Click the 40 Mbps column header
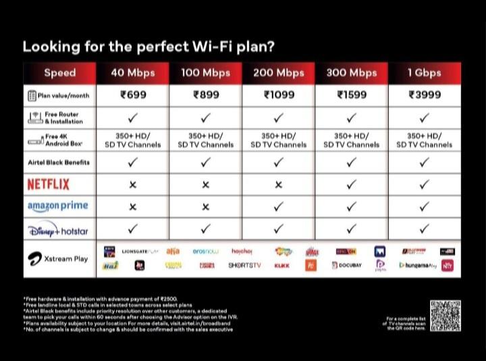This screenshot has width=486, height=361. (x=132, y=73)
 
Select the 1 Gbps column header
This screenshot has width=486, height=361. (x=424, y=73)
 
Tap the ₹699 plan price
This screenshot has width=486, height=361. (x=132, y=95)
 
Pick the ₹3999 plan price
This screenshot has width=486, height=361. (x=424, y=95)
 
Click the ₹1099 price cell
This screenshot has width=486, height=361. (x=278, y=95)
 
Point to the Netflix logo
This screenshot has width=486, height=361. (x=48, y=184)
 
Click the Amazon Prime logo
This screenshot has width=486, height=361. (x=57, y=206)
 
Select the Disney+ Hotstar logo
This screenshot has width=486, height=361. (x=58, y=229)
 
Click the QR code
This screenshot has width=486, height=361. (x=445, y=316)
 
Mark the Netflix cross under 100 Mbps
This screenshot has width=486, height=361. (x=205, y=185)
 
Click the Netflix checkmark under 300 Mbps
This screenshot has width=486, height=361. (x=351, y=185)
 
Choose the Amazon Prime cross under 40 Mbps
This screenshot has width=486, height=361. (x=132, y=206)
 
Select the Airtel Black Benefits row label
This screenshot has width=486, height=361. (x=59, y=162)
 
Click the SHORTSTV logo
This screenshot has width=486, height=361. (x=244, y=266)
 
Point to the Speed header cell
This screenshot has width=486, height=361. (x=59, y=73)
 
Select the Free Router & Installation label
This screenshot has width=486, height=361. (x=64, y=118)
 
